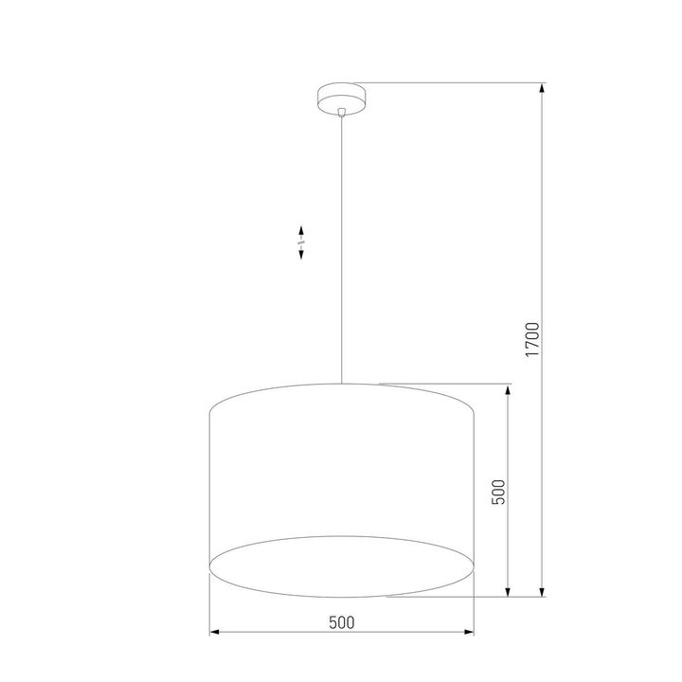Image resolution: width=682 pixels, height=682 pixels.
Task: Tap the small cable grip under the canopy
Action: point(341,112)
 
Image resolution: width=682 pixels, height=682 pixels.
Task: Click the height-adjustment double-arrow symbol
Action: point(301,243)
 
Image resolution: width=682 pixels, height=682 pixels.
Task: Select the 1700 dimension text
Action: point(532,339)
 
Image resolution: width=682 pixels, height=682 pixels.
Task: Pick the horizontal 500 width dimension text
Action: point(341,622)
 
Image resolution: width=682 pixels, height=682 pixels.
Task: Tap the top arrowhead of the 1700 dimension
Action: point(541,89)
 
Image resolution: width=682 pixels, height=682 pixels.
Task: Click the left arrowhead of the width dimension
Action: point(214,631)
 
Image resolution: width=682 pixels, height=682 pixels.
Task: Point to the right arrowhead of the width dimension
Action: point(469,631)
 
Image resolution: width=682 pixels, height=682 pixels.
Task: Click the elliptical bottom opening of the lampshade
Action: point(341,565)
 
